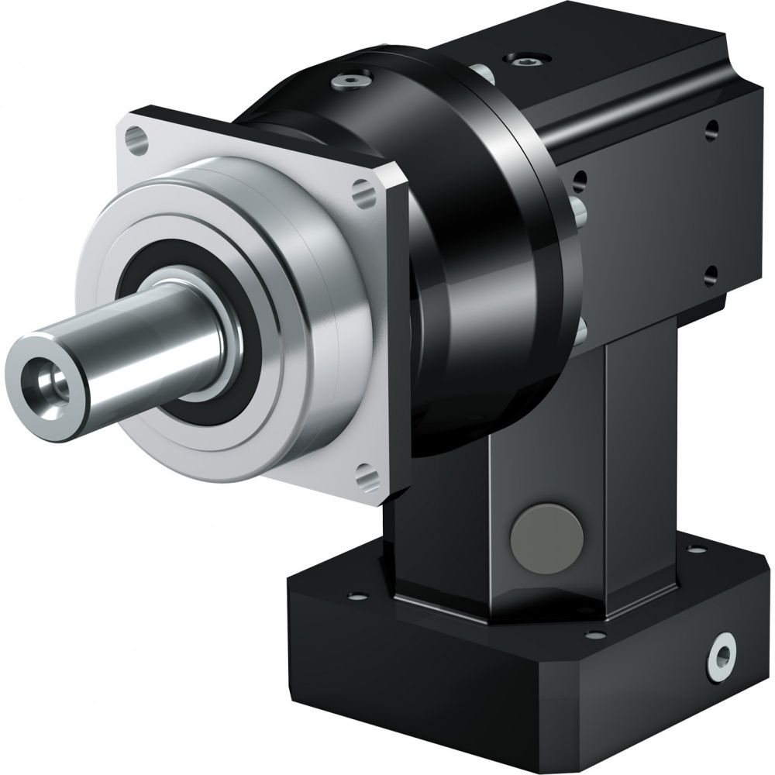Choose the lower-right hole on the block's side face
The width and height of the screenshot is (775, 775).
[710, 273]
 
